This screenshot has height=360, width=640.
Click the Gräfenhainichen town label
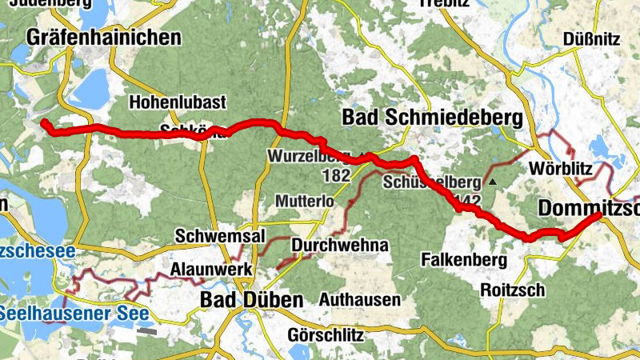[x=104, y=37]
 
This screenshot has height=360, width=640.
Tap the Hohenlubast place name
[x=178, y=102]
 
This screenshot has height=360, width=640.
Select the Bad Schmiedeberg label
[x=432, y=118]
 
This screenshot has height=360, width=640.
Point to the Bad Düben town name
[x=251, y=300]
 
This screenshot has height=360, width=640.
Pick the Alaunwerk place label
[x=212, y=269]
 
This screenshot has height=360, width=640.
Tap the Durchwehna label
[x=340, y=245]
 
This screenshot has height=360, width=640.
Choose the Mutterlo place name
[x=303, y=201]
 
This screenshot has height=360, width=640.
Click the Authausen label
[x=359, y=300]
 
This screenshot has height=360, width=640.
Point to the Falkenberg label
[x=464, y=260]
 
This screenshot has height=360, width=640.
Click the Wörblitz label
[x=562, y=169]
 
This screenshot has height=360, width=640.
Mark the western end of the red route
[x=45, y=122]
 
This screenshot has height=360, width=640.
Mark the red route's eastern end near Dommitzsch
[x=598, y=215]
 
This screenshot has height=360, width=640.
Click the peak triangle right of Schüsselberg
[x=493, y=182]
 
